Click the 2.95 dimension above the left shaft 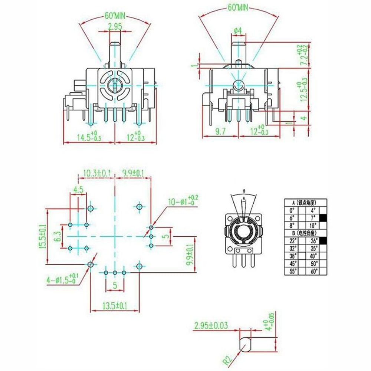(x=115, y=27)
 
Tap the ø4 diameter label (x=238, y=30)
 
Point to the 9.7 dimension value (x=220, y=131)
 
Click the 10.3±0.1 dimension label (x=97, y=173)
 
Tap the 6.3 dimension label (x=57, y=236)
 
